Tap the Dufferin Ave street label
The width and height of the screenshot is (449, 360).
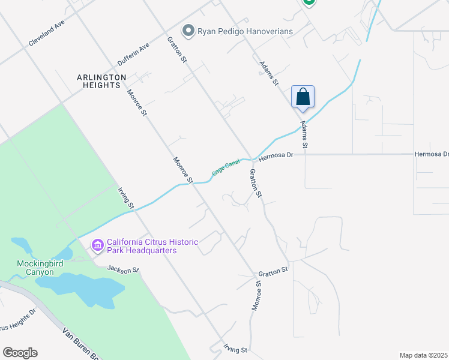click(x=133, y=55)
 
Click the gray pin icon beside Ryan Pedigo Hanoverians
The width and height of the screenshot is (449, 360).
click(x=188, y=30)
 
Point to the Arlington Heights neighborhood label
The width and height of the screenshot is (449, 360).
click(x=101, y=81)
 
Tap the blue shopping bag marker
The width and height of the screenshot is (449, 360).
click(x=303, y=97)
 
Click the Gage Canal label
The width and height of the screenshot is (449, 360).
click(x=226, y=167)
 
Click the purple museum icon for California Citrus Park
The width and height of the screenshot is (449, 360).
click(x=97, y=245)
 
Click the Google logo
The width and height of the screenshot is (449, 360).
click(x=20, y=353)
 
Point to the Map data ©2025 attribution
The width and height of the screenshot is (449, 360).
click(x=423, y=355)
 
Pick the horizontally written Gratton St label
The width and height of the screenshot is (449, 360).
click(x=274, y=272)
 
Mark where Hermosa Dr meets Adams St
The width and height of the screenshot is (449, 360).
click(x=305, y=154)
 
